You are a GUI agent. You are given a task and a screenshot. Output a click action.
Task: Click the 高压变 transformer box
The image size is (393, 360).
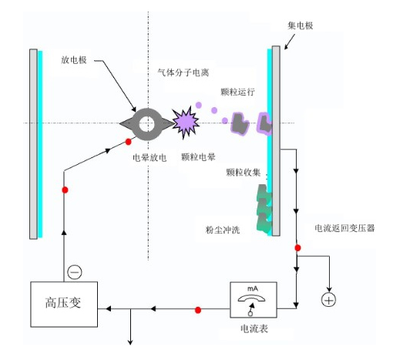pos(64,304)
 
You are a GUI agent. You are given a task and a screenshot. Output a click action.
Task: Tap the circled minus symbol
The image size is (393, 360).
pos(75,272)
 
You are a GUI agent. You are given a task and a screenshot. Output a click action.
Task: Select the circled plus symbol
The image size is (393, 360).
pos(329,300)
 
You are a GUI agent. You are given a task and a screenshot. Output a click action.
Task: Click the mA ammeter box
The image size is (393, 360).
pos(254,300)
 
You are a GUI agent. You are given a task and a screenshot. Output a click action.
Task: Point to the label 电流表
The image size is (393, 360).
pos(254,328)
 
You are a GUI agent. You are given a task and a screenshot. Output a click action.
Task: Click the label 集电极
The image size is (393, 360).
pos(301,25)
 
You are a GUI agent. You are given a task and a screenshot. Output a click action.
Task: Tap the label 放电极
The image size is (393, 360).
pos(74,60)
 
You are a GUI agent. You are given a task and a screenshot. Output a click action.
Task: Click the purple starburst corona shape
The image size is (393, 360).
pos(185,123)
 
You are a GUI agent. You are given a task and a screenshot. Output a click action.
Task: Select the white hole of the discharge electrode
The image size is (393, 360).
pos(146,124)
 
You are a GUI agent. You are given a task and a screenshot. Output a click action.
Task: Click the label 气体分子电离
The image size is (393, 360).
pos(183,72)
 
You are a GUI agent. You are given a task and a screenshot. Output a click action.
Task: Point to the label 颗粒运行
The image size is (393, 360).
pos(237,92)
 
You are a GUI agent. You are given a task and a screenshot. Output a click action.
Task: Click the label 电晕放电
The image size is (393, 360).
pos(149,157)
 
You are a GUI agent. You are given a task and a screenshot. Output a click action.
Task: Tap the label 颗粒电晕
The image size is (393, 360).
pos(198,156)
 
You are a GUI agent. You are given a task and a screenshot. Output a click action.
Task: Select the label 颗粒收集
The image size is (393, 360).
pos(244,172)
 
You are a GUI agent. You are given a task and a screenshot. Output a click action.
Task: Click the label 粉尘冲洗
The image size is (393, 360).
pos(223,230)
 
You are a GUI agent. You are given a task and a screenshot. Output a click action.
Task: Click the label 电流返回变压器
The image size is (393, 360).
pos(344,228)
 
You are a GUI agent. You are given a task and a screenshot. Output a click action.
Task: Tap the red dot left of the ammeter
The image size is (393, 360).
pos(198,310)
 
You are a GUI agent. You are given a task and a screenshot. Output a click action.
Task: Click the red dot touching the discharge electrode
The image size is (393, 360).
pos(128,142)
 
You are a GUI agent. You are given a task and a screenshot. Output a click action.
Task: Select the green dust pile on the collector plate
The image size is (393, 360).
pos(264,209)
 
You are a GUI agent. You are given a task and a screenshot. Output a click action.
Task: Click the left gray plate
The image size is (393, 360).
pos(33,144)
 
